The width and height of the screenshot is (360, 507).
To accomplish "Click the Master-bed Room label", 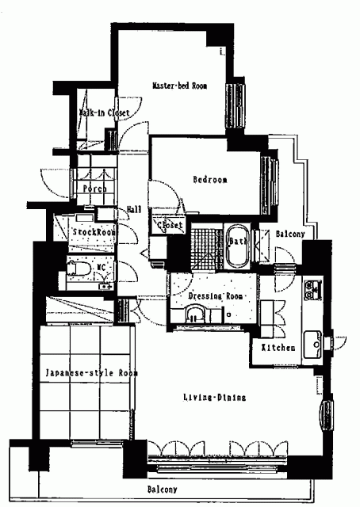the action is coord(180,86).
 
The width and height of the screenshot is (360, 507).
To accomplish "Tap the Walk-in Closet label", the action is coord(104,112).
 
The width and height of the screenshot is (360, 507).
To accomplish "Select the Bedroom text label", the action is coord(210,180).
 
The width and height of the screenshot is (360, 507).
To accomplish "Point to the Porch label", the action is coord(94,189).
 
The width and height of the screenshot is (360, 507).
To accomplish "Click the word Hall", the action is coord(134,209).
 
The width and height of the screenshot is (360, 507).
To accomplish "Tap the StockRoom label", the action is coord(94,232).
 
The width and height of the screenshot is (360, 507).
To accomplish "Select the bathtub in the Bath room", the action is coord(237,246).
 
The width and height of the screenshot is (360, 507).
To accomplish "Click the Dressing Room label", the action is coord(216,295).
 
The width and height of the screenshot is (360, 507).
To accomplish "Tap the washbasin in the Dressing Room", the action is coord(195,314).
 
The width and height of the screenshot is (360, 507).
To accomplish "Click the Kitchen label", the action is coord(278,348).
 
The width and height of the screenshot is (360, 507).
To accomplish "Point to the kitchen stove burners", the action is coord(312,289).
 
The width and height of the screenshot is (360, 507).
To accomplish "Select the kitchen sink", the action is coord(312,344).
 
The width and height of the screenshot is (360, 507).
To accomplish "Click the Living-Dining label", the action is coord(215,397).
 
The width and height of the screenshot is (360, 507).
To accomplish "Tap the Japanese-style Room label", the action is coord(92,373).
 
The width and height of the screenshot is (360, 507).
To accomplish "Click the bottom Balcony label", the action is coord(163,490).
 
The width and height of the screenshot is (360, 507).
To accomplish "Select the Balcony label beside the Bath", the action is coord(290,234).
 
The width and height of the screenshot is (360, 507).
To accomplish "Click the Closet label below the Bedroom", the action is coord(170,225).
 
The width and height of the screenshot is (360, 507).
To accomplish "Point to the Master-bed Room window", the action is coord(236,106).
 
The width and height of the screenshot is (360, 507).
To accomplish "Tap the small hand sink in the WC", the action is coord(105,286).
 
